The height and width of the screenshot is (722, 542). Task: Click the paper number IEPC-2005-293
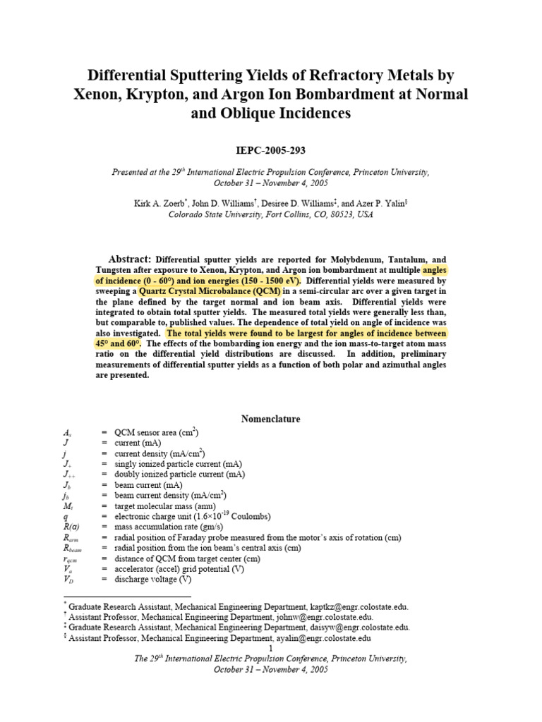click(271, 151)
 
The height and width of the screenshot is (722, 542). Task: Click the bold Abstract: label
click(130, 259)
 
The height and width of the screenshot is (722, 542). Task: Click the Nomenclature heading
click(271, 419)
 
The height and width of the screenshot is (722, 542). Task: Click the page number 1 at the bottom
click(271, 648)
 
